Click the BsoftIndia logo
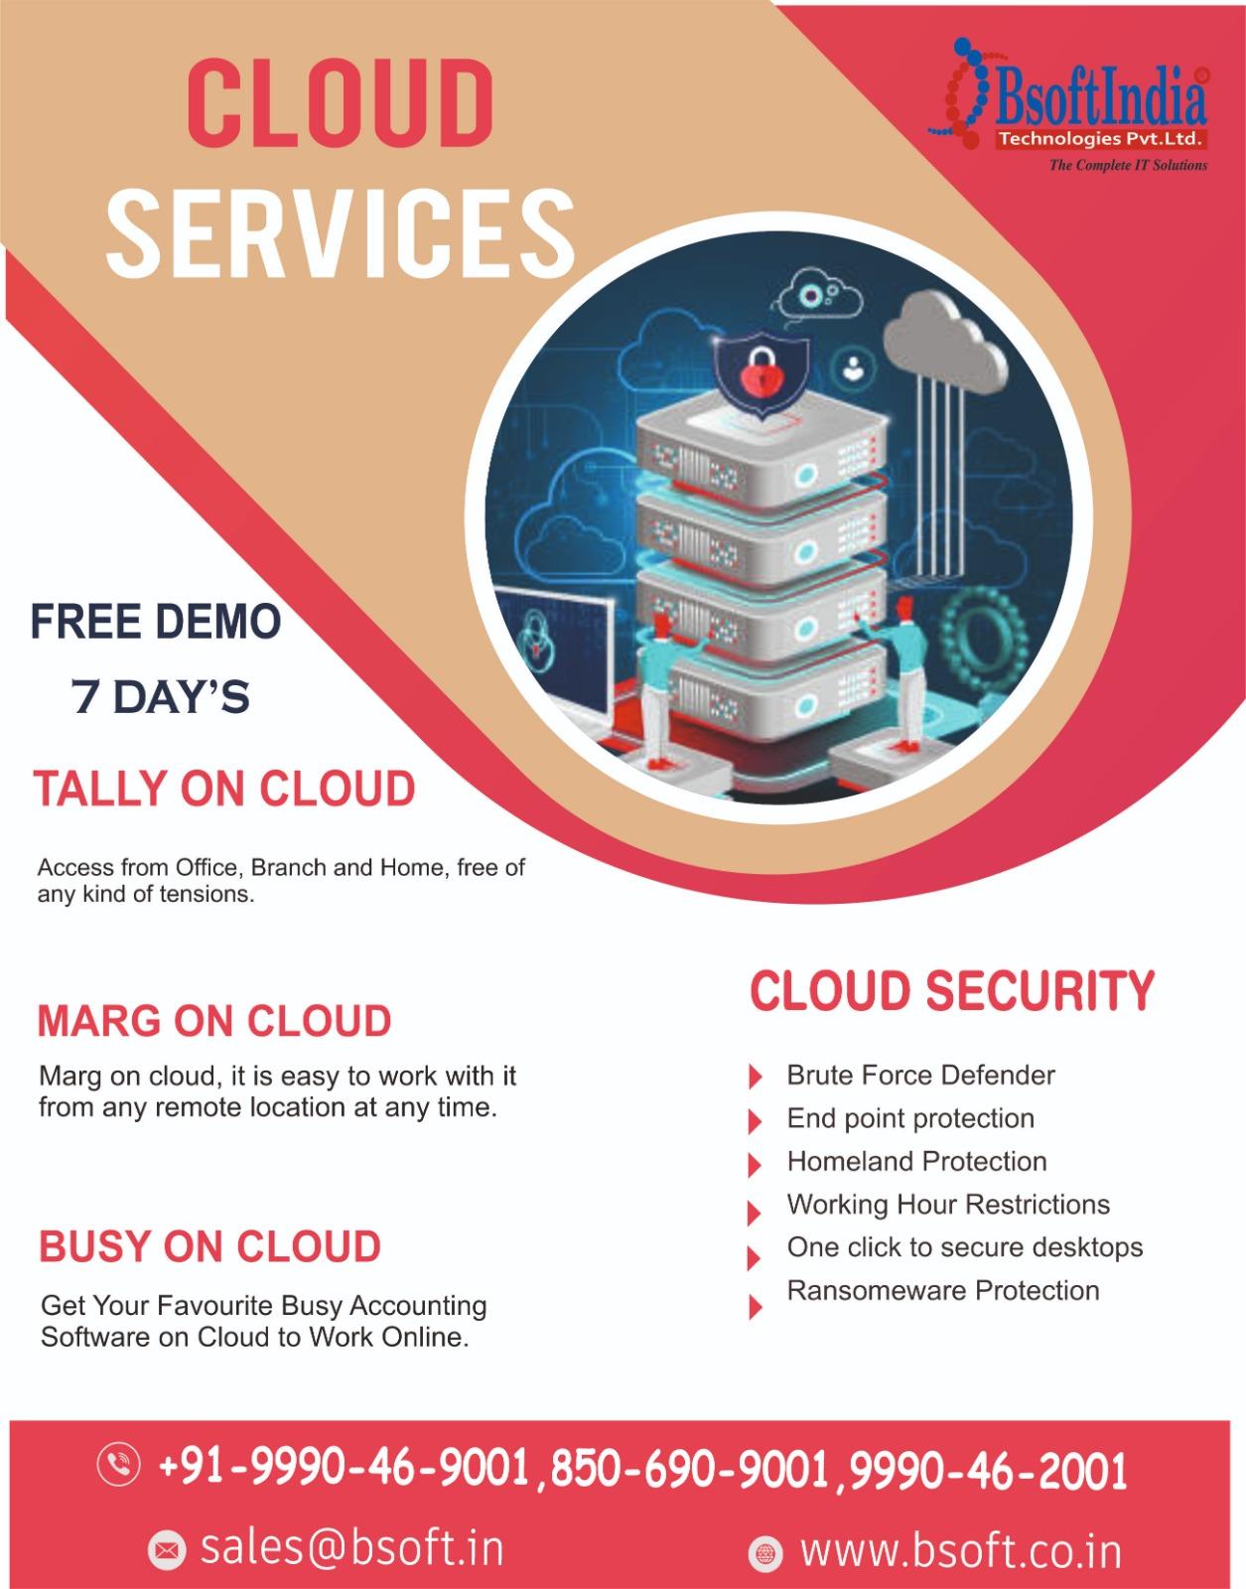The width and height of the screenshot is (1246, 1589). pos(1067,104)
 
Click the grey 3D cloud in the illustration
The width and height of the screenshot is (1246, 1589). pos(947,342)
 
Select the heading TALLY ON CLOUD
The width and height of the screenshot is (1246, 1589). pos(224,789)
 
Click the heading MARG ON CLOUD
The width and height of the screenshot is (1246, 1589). pos(214,1021)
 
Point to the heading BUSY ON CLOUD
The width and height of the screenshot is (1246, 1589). pos(209,1246)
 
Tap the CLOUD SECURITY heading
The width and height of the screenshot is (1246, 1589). pos(952,991)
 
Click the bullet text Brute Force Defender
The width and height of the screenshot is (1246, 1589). pos(920,1075)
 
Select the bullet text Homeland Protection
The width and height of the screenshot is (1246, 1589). pos(916,1161)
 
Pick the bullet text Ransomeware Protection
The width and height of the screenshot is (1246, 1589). pos(943,1291)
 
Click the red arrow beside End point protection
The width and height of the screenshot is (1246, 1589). pos(756,1121)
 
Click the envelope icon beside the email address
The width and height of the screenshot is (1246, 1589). pos(167,1550)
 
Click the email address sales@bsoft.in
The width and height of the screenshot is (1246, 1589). pos(351,1548)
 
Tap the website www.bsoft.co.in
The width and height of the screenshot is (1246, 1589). pos(961,1550)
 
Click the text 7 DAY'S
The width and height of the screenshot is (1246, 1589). pos(161,696)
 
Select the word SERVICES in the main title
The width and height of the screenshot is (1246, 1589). pos(341,232)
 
